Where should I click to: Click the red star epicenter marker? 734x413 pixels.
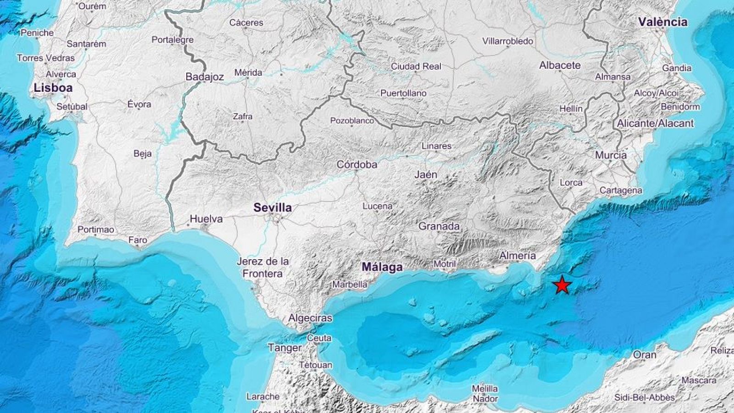[x=562, y=285]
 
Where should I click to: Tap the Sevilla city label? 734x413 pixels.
[x=272, y=208]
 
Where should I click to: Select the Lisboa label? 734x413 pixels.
[x=53, y=88]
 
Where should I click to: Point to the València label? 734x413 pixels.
[x=663, y=22]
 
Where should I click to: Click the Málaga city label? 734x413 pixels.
[x=382, y=267]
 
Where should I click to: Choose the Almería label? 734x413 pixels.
[x=517, y=256]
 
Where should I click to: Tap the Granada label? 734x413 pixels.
[x=439, y=226]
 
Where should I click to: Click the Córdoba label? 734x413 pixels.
[x=357, y=164]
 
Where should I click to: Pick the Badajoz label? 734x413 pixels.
[x=205, y=77]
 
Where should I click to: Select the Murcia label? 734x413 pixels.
[x=611, y=155]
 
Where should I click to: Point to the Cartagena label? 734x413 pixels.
[x=621, y=190]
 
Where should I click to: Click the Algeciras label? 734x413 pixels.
[x=310, y=318]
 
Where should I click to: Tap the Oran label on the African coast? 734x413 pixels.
[x=645, y=355]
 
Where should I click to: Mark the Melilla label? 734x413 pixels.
[x=485, y=389]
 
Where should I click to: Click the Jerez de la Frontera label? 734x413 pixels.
[x=263, y=268]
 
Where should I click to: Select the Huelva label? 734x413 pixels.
[x=206, y=219]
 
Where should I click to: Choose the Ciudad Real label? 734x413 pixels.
[x=416, y=67]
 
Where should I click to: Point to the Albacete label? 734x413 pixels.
[x=560, y=65]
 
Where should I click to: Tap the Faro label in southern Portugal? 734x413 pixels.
[x=138, y=240]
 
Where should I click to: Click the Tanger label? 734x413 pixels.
[x=284, y=348]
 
